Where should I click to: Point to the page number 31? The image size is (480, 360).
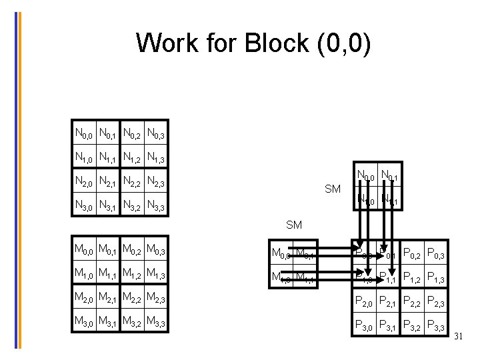tap(458, 337)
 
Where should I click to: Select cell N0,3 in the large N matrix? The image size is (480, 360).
tap(157, 135)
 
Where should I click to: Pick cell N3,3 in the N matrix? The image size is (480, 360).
tap(157, 205)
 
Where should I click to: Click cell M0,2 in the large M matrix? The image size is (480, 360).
tap(133, 251)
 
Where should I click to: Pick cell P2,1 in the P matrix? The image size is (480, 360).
tap(389, 302)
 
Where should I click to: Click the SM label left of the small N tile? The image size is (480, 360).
tap(333, 189)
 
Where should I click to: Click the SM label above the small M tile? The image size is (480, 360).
tap(293, 225)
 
